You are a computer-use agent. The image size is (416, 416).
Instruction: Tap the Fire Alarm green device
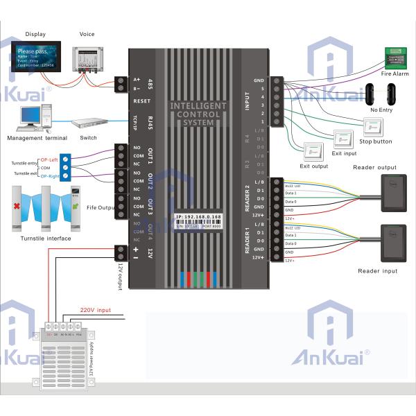tap(395, 56)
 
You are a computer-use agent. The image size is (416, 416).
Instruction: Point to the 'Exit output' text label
tap(314, 166)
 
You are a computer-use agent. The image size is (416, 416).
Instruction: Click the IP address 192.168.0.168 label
tap(198, 217)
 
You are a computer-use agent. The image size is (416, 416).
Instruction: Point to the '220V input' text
tap(95, 310)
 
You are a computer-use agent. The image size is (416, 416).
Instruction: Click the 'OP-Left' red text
tap(49, 159)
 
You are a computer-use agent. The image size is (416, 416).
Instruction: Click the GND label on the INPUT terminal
tap(259, 80)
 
